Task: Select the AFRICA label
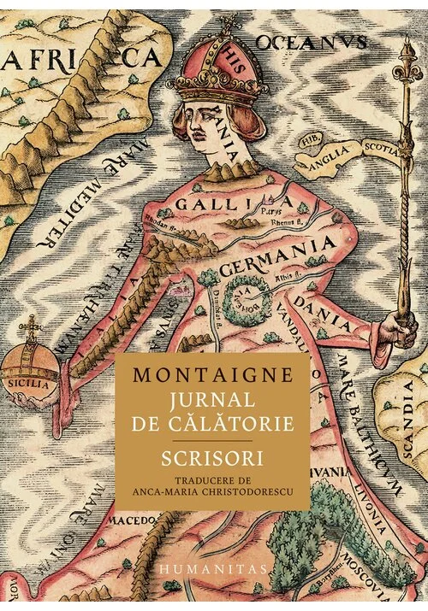click(81, 58)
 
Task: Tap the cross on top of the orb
click(34, 326)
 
